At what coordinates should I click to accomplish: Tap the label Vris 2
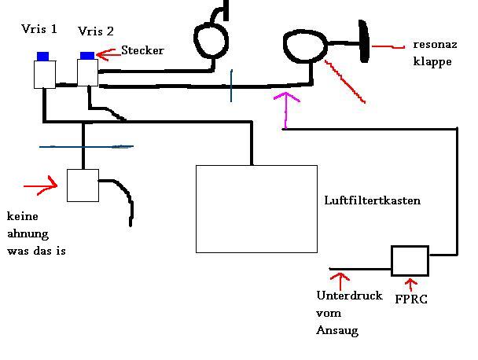coord(96,31)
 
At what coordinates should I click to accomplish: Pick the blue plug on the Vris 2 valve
coord(87,54)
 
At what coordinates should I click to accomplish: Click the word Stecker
coord(142,50)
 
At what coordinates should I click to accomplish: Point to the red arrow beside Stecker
coord(109,53)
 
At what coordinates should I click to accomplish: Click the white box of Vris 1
coord(44,74)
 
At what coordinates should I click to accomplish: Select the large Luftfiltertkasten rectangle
coord(256,208)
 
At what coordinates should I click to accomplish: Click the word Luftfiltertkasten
coord(372,200)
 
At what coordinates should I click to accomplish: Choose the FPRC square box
coord(410,261)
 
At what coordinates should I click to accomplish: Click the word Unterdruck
coord(349,296)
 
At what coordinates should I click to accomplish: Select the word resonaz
coord(431,46)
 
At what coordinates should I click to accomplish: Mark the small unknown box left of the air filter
coord(82,186)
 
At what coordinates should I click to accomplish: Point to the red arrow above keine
coord(42,186)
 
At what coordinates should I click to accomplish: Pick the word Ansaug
coord(336,331)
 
